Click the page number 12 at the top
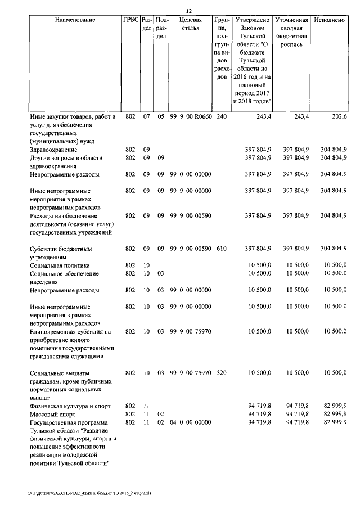click(189, 11)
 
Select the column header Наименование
click(75, 20)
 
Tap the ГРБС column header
click(130, 20)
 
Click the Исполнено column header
click(330, 20)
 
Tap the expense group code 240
click(222, 117)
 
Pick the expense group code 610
click(222, 248)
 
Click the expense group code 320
click(222, 373)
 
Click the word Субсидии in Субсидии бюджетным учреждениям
click(44, 248)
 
